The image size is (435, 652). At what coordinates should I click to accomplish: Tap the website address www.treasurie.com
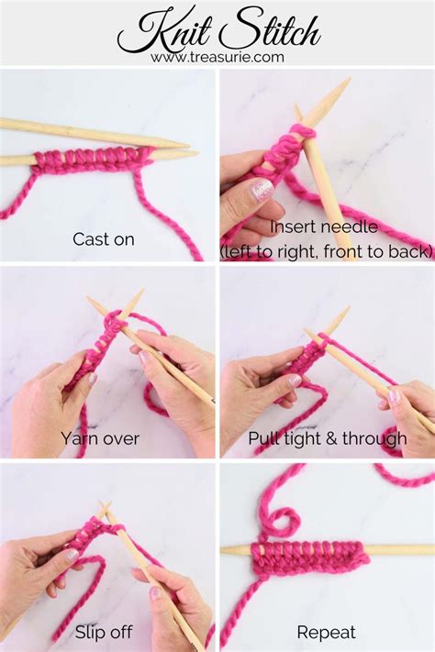[x=217, y=57]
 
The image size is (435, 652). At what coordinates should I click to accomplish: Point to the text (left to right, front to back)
[x=326, y=249]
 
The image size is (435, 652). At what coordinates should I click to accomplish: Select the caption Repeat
[x=326, y=632]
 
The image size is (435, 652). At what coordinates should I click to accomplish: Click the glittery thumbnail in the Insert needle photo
[x=262, y=190]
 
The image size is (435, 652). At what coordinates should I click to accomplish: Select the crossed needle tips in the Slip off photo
[x=106, y=509]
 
